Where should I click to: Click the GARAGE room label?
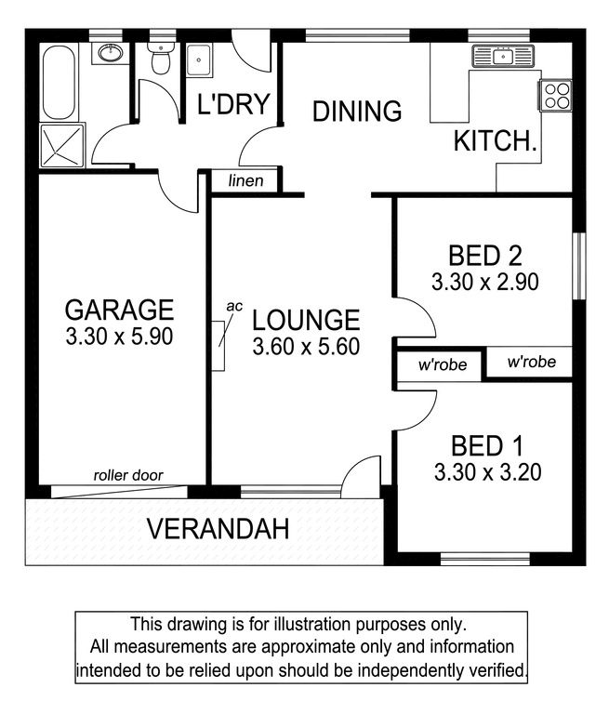tap(119, 310)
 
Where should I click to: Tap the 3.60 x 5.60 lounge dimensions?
tap(306, 347)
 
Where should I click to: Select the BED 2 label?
tap(485, 256)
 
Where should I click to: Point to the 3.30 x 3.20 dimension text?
tap(488, 472)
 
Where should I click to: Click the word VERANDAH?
tap(218, 529)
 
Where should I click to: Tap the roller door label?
tap(128, 475)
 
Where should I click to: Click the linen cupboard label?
tap(246, 180)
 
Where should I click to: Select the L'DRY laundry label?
tap(233, 104)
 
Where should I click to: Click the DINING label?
tap(357, 112)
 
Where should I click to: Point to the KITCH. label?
tap(496, 140)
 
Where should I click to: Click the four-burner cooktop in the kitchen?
tap(557, 96)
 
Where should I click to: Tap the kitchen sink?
tap(503, 57)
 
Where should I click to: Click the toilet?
tap(160, 59)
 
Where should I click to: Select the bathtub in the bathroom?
tap(58, 82)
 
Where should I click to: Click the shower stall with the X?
tap(62, 145)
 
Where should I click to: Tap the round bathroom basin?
tap(111, 53)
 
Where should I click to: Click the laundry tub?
tap(199, 59)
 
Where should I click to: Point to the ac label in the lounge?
tap(234, 307)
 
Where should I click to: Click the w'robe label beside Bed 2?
tap(532, 362)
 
